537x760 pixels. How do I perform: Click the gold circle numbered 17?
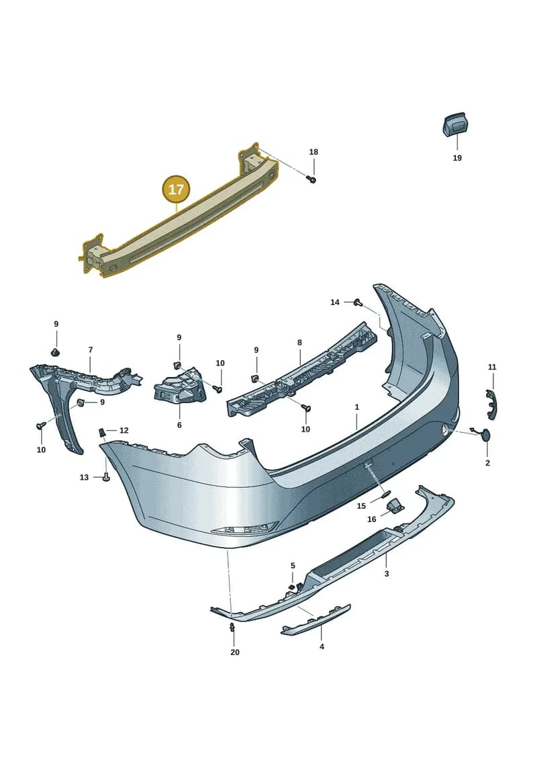(177, 189)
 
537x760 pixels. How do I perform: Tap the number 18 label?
(313, 152)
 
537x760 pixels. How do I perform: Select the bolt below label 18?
(312, 180)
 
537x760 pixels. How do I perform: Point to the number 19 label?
(457, 158)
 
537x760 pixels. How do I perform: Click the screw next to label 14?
(359, 302)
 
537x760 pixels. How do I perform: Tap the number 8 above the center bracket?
(299, 343)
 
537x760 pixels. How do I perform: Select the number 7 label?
(91, 349)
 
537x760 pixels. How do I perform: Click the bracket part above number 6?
(180, 385)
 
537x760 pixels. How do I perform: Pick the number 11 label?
(492, 368)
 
